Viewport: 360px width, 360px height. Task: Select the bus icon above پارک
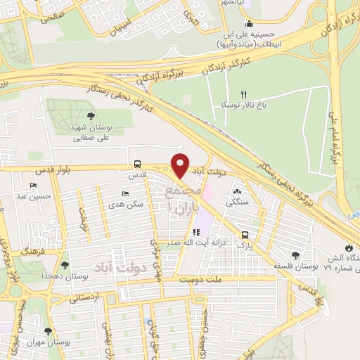244,235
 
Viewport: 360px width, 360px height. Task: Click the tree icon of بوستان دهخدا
65,265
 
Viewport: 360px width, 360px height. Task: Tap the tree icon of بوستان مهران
48,330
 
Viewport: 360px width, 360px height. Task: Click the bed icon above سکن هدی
125,193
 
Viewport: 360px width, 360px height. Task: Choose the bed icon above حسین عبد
33,186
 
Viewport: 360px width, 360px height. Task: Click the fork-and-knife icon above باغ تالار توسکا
244,94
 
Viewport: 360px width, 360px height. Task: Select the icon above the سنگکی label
237,191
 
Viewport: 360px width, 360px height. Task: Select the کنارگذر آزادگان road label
222,52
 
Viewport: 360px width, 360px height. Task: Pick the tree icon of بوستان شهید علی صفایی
90,116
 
